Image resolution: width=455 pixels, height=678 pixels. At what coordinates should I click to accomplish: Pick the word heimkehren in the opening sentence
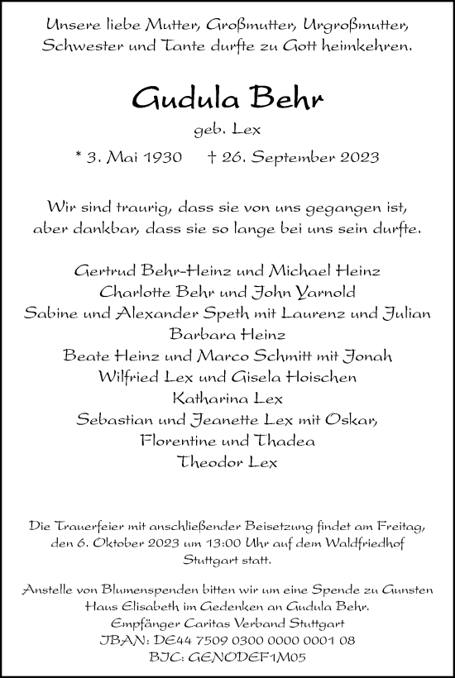[369, 47]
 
